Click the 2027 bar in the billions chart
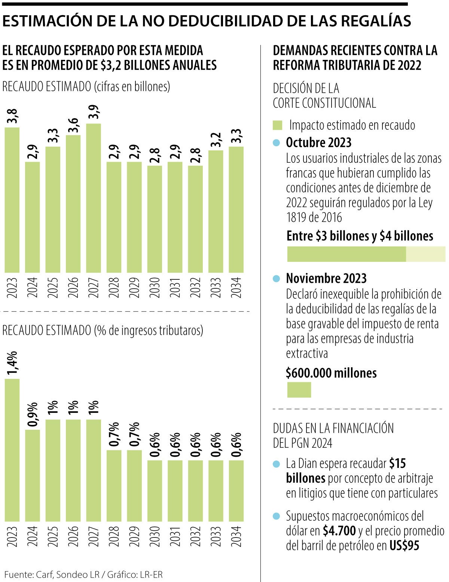click(94, 198)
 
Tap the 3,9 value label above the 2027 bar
click(94, 112)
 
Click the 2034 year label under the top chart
click(236, 287)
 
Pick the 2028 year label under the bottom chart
click(114, 536)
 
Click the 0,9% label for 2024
click(33, 414)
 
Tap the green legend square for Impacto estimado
click(277, 125)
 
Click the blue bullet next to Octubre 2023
click(277, 143)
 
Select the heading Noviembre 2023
click(326, 278)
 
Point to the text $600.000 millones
click(331, 373)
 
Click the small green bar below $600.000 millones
click(299, 390)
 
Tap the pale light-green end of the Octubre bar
click(425, 254)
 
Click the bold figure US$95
click(404, 546)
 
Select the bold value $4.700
click(339, 531)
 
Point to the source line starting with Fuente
click(83, 574)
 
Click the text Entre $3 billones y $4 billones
click(360, 236)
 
